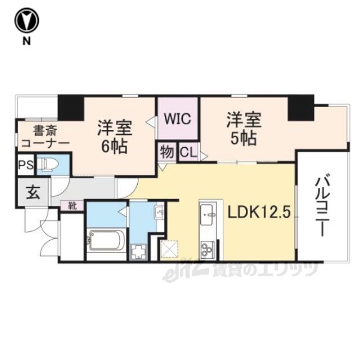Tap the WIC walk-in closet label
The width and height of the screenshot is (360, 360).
pos(178,119)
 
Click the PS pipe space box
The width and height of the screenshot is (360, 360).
pos(25,165)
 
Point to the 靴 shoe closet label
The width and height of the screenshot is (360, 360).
pos(73,206)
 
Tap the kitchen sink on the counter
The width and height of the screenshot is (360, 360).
pos(206,213)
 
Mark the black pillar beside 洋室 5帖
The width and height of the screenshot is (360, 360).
pos(300,107)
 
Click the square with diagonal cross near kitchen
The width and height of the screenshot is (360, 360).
pos(169,248)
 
